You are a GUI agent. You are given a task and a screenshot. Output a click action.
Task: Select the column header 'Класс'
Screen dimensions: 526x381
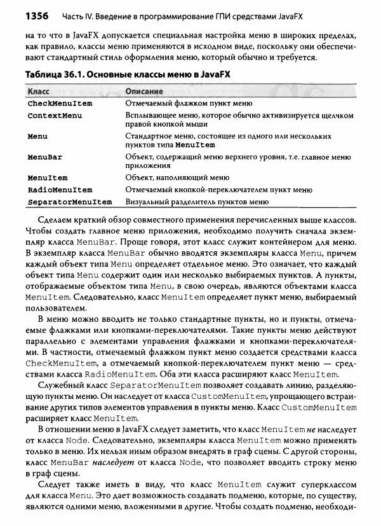click(39, 92)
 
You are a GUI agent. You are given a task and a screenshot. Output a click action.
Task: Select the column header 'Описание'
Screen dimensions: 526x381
click(144, 92)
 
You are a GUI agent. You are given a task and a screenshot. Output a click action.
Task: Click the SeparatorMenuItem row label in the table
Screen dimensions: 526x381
click(69, 202)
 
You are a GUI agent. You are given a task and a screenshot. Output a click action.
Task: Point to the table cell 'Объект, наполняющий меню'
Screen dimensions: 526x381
click(177, 178)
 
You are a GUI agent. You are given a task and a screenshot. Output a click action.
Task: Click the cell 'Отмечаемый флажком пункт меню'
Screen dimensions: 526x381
click(186, 103)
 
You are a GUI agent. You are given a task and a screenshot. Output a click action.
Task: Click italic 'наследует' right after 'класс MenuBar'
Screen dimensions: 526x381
click(112, 465)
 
